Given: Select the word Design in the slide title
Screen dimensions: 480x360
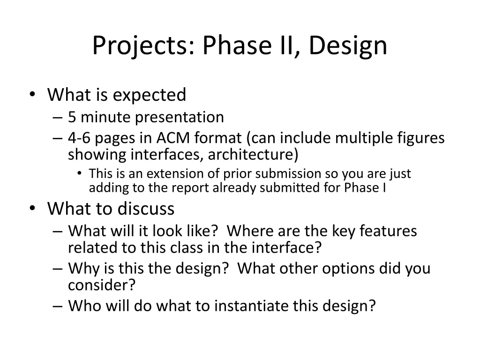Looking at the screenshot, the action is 348,46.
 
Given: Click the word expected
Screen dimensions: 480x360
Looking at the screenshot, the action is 150,95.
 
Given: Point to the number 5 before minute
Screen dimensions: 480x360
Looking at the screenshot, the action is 72,117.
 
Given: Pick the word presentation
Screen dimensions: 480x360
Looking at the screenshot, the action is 179,118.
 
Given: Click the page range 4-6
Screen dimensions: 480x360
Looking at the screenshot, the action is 79,138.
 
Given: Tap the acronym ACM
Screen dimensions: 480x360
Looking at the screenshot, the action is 173,138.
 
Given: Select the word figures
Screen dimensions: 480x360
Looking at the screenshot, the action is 421,138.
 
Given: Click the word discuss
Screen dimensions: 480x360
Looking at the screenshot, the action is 146,209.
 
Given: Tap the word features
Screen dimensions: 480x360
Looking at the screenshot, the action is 388,231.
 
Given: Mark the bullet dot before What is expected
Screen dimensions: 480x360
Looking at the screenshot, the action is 32,94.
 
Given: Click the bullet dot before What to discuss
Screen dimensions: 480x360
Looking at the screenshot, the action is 32,208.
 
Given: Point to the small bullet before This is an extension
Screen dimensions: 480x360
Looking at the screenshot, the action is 80,173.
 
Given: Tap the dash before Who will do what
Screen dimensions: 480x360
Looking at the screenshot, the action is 58,306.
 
